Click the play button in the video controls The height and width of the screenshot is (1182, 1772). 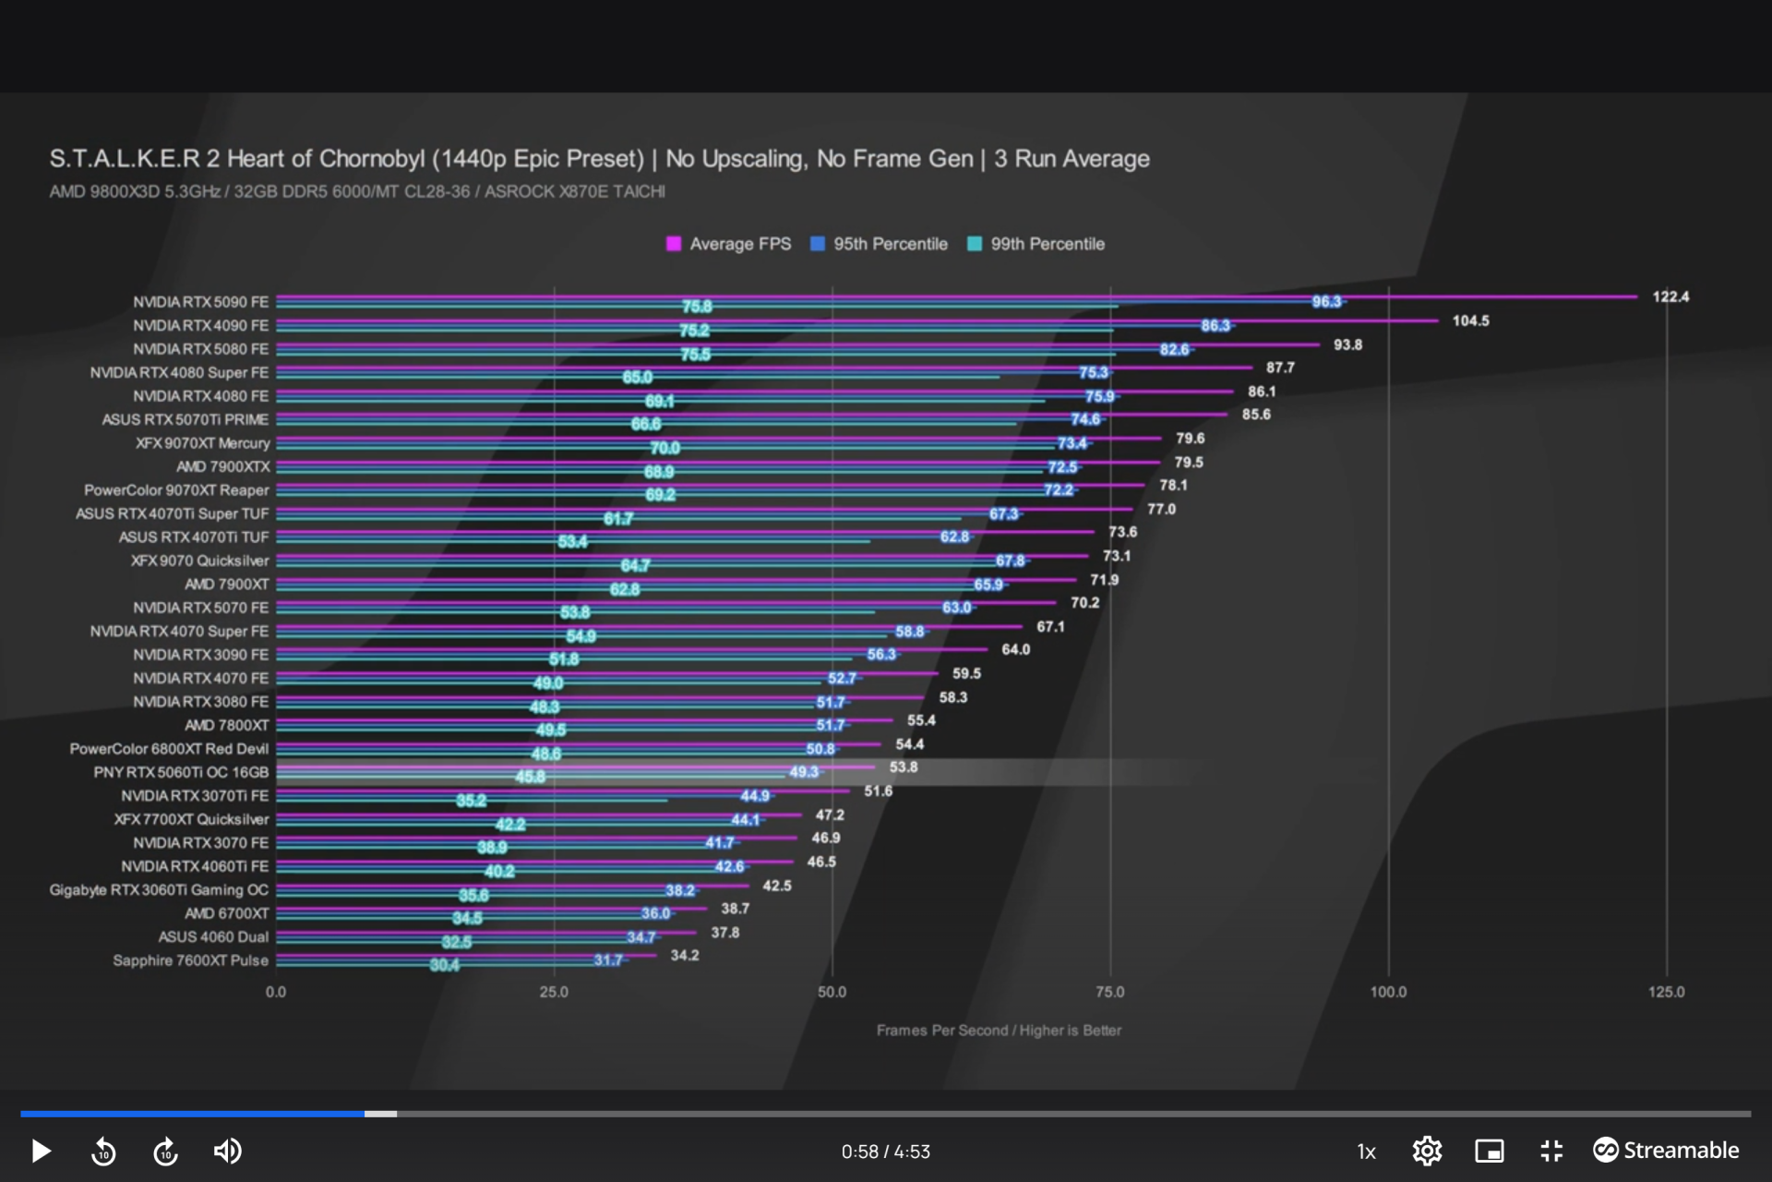41,1151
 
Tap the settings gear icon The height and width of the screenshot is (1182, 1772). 1427,1151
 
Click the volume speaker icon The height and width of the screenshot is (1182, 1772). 227,1151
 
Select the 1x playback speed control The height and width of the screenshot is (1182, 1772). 1366,1152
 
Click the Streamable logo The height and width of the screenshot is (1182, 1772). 1666,1151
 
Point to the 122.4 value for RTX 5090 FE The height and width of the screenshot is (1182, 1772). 1670,296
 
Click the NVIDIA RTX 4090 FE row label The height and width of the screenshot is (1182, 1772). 200,326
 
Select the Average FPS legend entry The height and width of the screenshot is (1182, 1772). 729,244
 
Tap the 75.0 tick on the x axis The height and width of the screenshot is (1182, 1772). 1109,992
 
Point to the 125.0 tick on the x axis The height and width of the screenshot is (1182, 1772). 1666,992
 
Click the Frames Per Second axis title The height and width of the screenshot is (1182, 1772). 999,1031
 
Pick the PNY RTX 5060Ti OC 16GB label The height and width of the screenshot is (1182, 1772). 181,772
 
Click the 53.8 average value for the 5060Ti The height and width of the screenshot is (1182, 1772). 903,767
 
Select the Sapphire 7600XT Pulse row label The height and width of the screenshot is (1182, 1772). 190,960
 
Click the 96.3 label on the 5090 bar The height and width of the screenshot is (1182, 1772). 1326,302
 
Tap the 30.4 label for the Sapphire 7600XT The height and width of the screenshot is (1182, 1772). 444,965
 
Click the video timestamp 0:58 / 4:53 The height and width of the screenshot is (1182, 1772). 885,1152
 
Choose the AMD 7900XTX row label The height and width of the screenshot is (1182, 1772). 222,466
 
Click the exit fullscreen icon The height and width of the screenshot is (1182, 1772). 1551,1151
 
